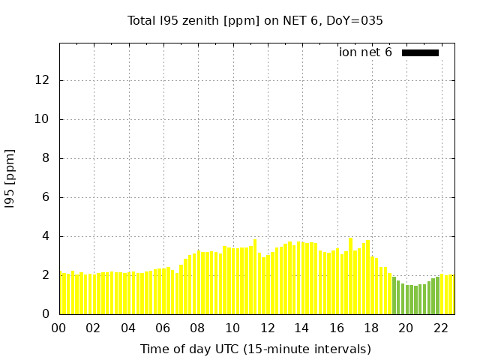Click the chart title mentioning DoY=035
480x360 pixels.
tap(255, 21)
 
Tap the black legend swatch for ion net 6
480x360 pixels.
tap(420, 52)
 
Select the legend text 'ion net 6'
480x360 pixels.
tap(365, 52)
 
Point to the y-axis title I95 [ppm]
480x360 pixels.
tap(10, 179)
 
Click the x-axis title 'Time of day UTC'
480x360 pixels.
tap(255, 349)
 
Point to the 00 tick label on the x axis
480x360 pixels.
tap(59, 328)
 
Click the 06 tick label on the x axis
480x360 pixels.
tap(163, 328)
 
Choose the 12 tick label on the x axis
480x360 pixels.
tap(267, 328)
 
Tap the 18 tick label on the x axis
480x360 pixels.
tap(371, 328)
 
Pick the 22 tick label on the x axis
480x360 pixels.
tap(440, 328)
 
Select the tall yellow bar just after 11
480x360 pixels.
tap(255, 277)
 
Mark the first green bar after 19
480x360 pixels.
tap(394, 295)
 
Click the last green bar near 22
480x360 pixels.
tap(437, 295)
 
